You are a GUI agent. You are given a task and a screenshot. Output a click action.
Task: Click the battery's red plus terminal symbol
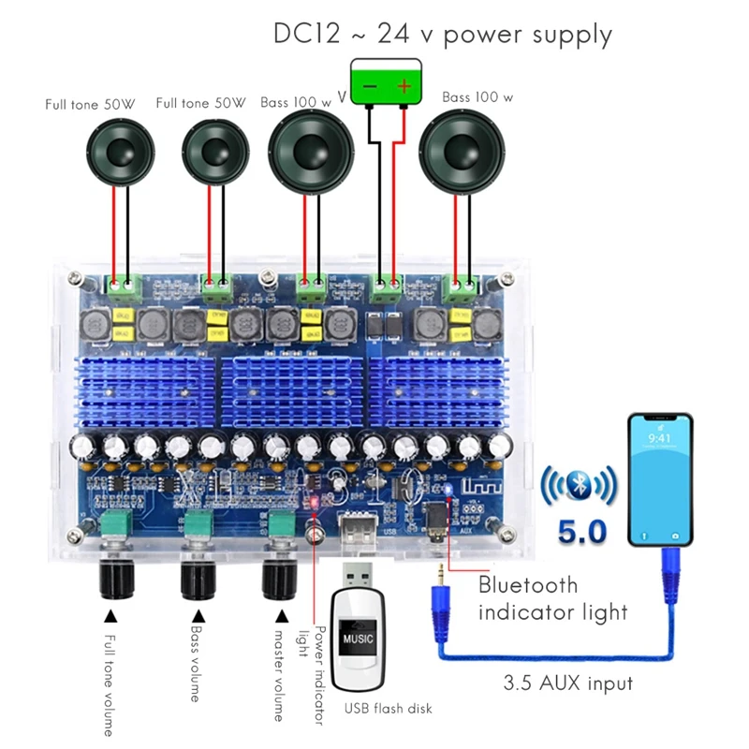point(404,85)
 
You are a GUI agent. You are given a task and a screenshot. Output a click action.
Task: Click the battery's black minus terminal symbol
point(369,85)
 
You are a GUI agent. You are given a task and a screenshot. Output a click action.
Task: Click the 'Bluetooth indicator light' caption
point(552,599)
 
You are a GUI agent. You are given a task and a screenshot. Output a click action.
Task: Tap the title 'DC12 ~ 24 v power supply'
point(443,35)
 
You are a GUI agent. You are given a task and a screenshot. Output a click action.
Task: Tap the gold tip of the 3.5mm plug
point(437,573)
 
